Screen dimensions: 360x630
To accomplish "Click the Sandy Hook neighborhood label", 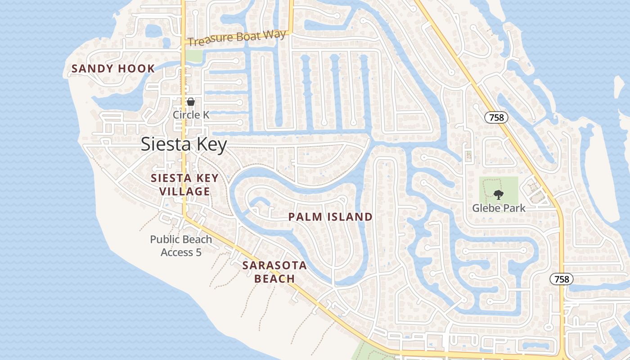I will click(113, 69).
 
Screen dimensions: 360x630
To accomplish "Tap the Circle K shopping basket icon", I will click(191, 102).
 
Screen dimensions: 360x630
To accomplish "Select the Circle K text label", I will click(191, 115).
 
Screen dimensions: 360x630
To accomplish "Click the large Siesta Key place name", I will click(184, 144).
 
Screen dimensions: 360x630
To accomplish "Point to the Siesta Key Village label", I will click(184, 184).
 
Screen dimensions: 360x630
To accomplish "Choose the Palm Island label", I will click(330, 217).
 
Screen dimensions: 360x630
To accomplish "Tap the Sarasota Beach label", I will click(274, 272).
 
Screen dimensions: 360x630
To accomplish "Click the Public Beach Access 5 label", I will click(181, 246).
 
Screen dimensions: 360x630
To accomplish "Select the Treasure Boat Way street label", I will click(237, 38).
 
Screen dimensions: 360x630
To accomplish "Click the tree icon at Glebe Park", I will click(498, 195).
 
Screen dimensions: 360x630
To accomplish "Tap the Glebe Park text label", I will click(499, 208).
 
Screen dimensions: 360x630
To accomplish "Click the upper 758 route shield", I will click(496, 117).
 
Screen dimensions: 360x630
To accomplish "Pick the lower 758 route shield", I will click(562, 279).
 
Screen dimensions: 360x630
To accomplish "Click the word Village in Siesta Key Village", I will click(184, 192).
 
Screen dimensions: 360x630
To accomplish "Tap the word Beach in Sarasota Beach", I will click(274, 279).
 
